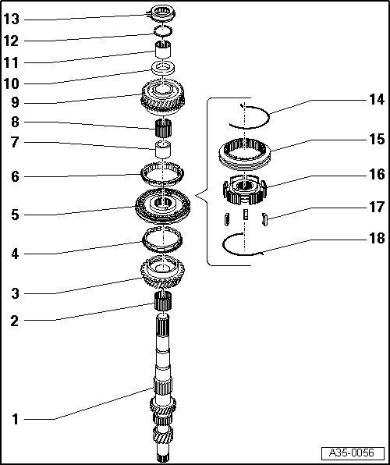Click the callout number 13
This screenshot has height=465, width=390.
pos(13,19)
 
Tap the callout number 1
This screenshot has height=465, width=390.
pos(14,419)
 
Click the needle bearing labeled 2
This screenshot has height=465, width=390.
pos(163,300)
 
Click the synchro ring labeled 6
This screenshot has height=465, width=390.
pos(162,171)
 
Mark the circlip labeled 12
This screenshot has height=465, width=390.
pos(162,30)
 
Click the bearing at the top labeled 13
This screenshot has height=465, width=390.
pos(162,11)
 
